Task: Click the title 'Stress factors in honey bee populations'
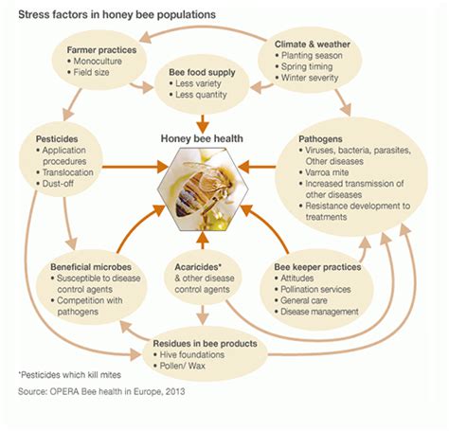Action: (x=113, y=14)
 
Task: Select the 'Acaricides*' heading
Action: (x=200, y=268)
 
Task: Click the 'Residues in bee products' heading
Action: (x=204, y=343)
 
